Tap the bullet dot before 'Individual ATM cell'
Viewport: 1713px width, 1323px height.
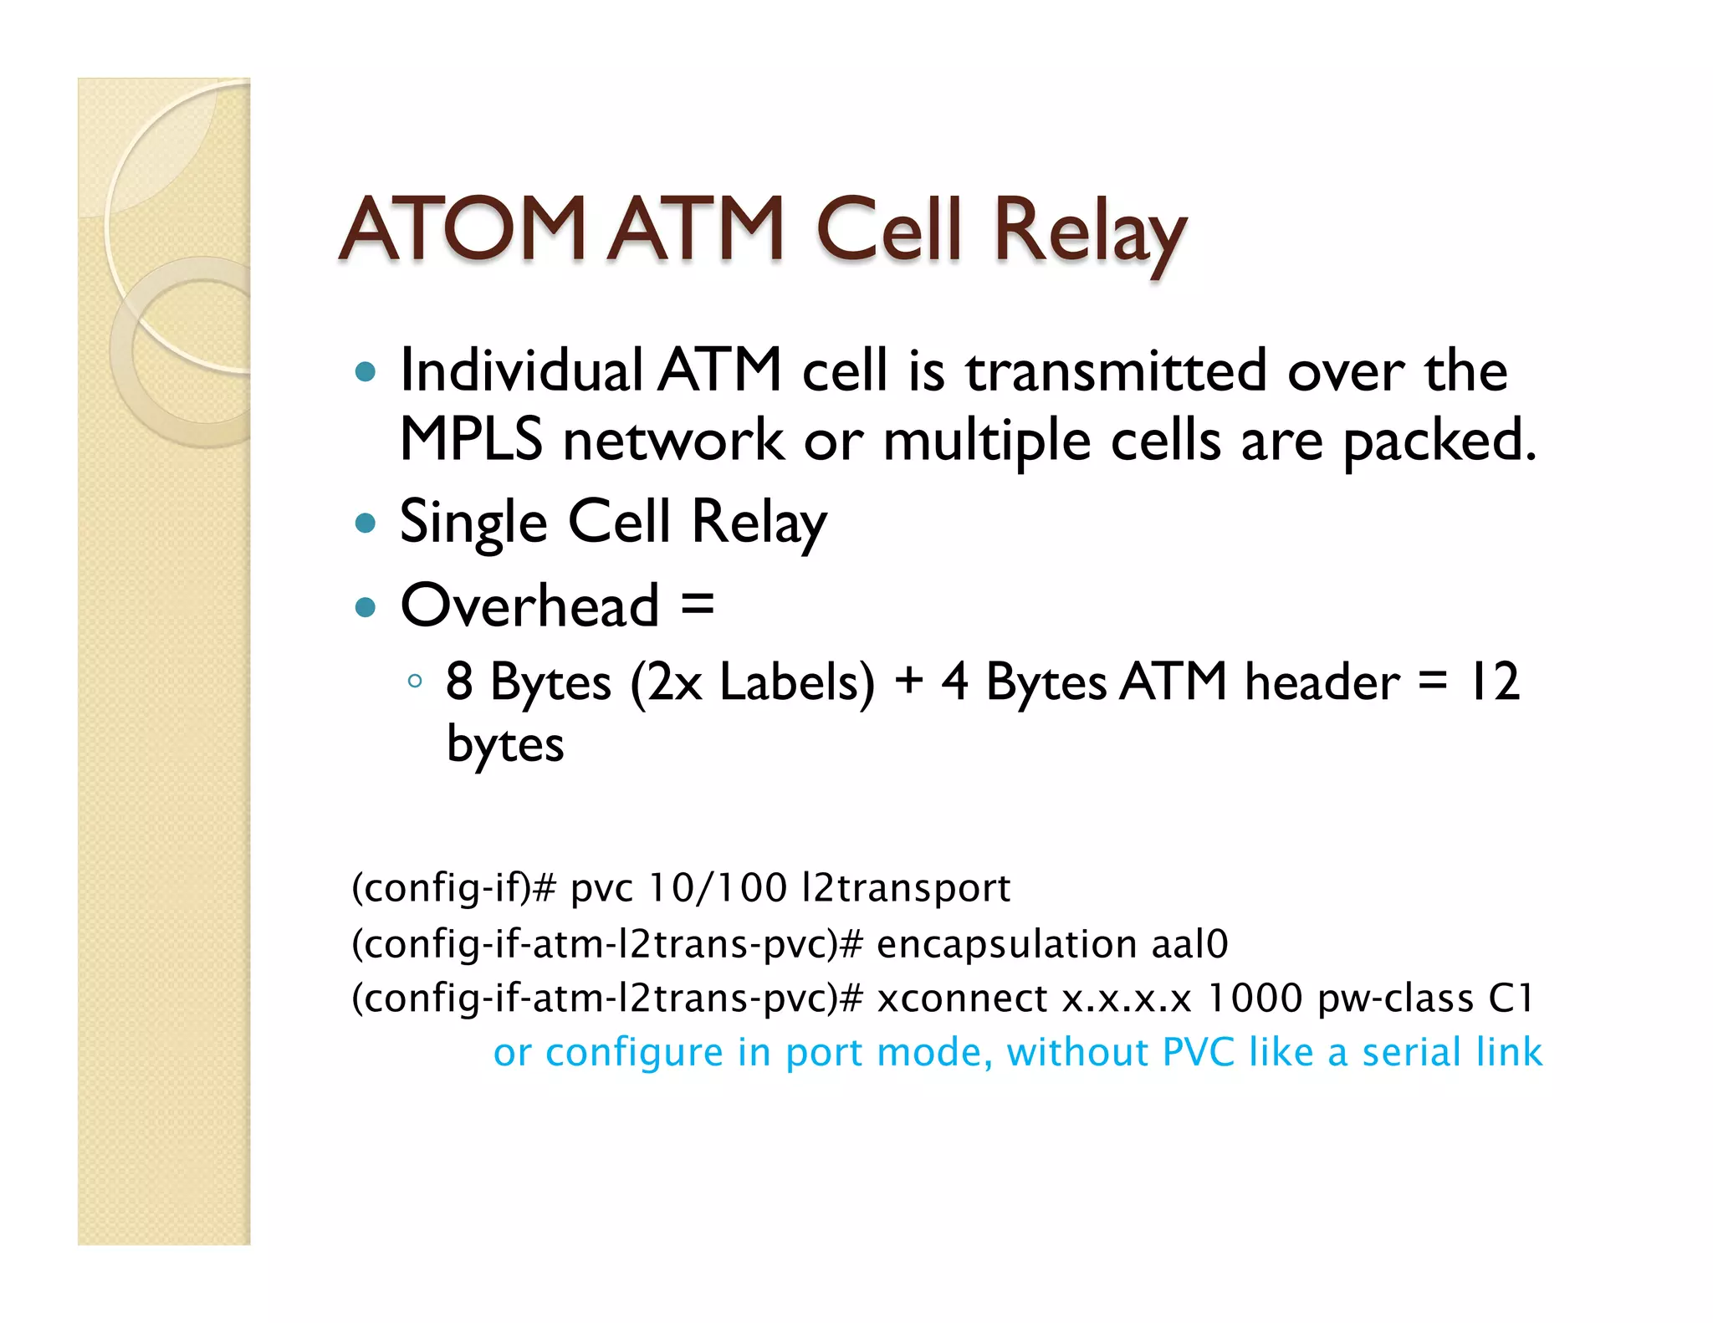366,371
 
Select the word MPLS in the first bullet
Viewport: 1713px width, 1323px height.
471,440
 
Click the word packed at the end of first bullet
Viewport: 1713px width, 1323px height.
1435,442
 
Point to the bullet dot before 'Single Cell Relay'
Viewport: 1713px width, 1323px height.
366,524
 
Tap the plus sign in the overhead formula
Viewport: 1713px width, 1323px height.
908,681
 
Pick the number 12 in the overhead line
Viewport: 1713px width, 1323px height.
1494,682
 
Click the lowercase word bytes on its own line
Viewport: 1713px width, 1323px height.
505,744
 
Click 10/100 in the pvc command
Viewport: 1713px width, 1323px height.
717,888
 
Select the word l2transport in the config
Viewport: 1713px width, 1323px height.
906,888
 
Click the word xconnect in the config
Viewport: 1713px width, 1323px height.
962,999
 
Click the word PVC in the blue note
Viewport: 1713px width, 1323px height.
1198,1052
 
